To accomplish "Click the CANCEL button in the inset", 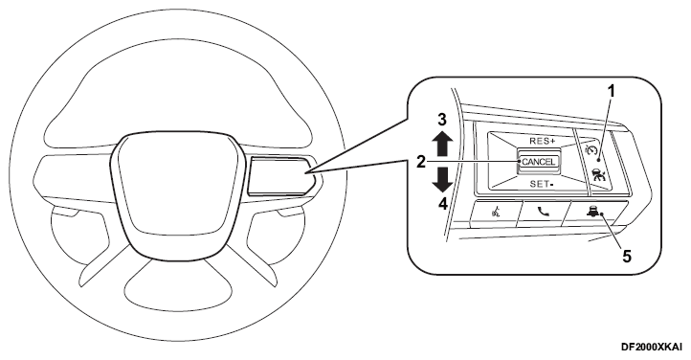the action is [539, 162].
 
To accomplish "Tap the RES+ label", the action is [543, 141].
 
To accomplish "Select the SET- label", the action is [541, 184].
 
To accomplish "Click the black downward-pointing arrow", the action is [442, 180].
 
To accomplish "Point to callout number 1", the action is [611, 91].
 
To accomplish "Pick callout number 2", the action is [421, 163].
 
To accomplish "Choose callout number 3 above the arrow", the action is [442, 120].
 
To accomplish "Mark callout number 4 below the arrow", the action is [442, 204].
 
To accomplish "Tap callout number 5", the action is [626, 255].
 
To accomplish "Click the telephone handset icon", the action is [544, 212].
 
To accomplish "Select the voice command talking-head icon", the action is [495, 213].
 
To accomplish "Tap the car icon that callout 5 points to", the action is [591, 212].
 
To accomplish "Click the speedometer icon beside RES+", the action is [591, 150].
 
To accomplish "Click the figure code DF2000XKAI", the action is [652, 347].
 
